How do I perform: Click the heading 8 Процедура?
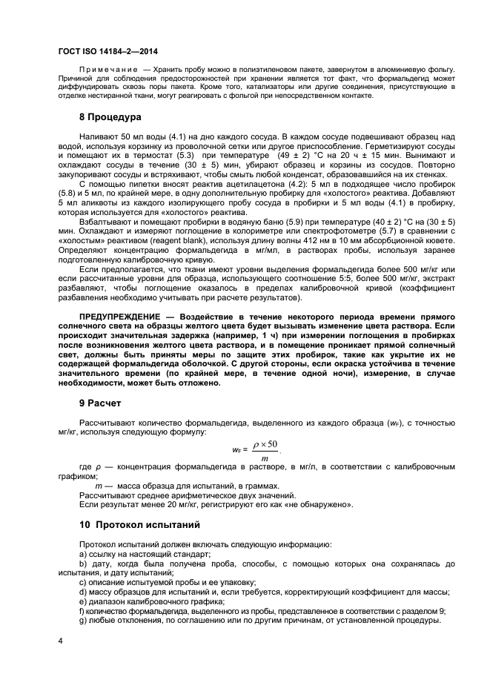click(111, 118)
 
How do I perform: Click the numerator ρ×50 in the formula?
click(265, 443)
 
